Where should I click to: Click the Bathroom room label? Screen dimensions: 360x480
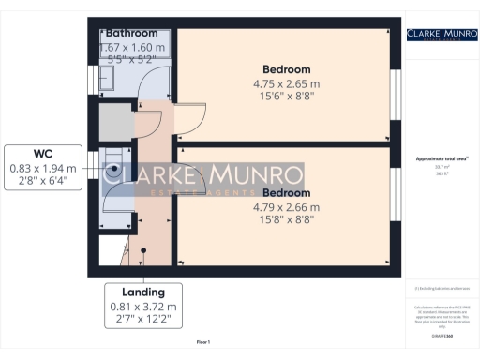pos(132,34)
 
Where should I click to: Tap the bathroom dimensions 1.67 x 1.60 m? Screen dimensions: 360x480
pos(132,48)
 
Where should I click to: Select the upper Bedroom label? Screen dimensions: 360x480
pos(286,69)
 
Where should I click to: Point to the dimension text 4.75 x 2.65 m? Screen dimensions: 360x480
pos(286,83)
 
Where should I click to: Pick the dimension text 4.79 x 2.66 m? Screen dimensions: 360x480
pos(288,207)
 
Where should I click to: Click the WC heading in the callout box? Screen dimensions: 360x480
pos(44,154)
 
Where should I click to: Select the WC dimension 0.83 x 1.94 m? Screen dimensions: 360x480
pos(44,168)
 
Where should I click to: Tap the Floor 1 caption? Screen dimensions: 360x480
pos(203,341)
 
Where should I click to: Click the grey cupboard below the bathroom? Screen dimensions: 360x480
pos(115,123)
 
